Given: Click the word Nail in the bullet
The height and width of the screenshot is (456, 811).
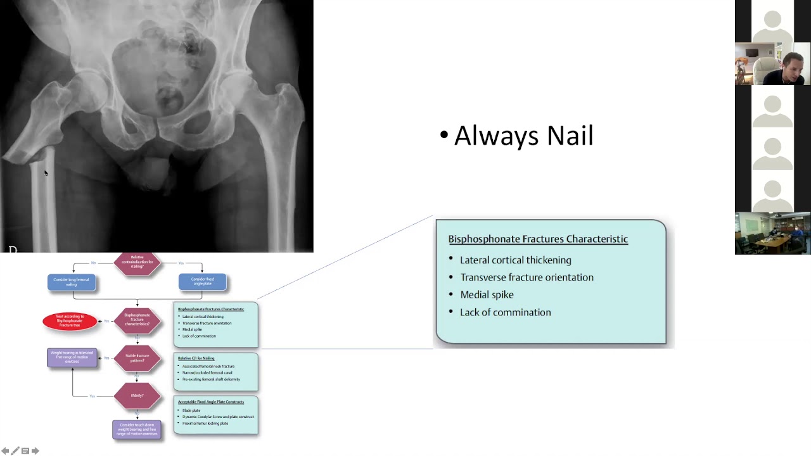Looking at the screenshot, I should pyautogui.click(x=570, y=136).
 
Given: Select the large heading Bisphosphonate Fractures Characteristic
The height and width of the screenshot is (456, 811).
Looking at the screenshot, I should pyautogui.click(x=538, y=239).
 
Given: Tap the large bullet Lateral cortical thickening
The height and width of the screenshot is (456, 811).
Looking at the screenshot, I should pyautogui.click(x=515, y=260).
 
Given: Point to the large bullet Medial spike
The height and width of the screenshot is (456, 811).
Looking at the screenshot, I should pyautogui.click(x=487, y=294).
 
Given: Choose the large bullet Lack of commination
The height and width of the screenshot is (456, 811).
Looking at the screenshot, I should pyautogui.click(x=505, y=312).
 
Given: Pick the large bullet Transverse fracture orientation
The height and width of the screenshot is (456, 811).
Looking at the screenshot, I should pyautogui.click(x=527, y=277).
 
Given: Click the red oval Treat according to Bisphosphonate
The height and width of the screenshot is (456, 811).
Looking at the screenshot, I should pyautogui.click(x=70, y=321).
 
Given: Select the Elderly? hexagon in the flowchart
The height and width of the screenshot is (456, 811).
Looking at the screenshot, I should pyautogui.click(x=137, y=396).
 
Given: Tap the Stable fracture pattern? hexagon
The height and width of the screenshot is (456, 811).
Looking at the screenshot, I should pyautogui.click(x=137, y=358).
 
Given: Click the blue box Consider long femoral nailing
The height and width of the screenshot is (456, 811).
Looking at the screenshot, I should pyautogui.click(x=71, y=282).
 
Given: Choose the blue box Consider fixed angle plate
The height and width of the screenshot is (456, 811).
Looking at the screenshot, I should pyautogui.click(x=202, y=282).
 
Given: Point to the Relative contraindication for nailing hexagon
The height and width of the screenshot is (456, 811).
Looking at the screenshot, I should pyautogui.click(x=137, y=263).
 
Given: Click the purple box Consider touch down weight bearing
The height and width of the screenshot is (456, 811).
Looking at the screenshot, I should pyautogui.click(x=137, y=429).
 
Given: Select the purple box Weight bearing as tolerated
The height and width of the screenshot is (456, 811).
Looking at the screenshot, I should pyautogui.click(x=72, y=357).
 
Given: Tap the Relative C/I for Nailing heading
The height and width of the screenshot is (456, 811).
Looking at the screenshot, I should pyautogui.click(x=196, y=358).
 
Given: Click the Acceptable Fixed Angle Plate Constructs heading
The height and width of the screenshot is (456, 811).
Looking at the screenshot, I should pyautogui.click(x=210, y=402).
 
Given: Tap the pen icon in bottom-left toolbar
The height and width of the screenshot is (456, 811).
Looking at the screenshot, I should pyautogui.click(x=15, y=451).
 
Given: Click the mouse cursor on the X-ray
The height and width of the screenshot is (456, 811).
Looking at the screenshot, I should pyautogui.click(x=46, y=173).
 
